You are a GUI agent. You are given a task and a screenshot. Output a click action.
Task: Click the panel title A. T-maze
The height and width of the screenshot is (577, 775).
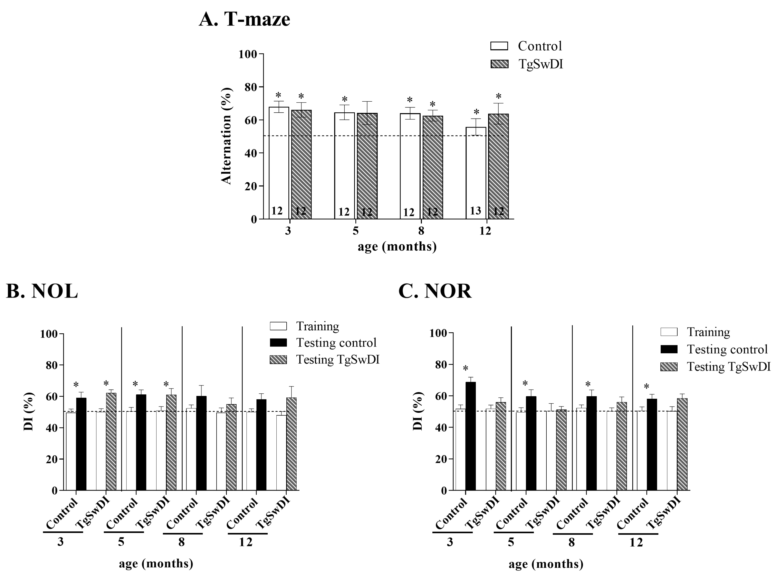244,19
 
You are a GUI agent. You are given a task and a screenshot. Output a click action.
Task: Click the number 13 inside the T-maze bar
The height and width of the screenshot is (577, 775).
475,211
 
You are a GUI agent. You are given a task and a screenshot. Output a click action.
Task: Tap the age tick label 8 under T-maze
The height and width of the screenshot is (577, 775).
421,231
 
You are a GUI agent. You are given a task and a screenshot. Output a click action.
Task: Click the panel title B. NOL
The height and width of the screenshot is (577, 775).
42,290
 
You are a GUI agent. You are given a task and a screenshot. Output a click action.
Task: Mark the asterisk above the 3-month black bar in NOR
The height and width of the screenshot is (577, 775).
465,369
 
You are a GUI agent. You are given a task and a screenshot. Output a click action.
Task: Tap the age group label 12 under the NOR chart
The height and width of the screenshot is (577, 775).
636,542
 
